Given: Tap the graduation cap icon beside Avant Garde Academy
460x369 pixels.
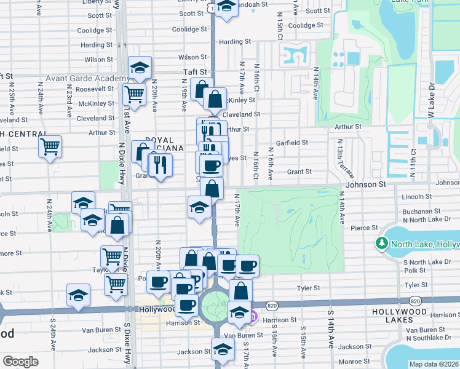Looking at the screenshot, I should click(x=140, y=68).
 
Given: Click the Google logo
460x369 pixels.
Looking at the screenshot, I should click(x=20, y=362).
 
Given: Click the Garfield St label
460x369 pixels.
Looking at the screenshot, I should click(x=292, y=143).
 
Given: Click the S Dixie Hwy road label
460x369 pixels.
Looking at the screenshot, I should click(x=127, y=344).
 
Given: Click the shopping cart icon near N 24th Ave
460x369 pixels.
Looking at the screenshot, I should click(x=50, y=147).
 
